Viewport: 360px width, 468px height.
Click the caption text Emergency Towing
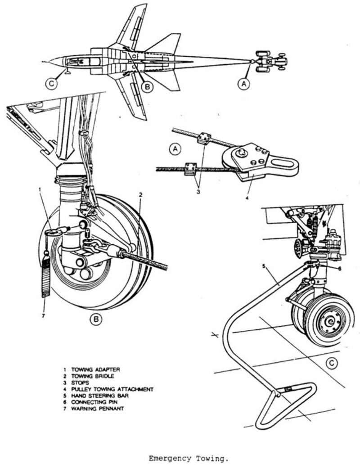189,459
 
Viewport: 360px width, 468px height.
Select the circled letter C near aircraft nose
53,84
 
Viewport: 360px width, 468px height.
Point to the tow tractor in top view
270,60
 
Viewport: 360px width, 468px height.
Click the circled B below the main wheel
96,319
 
